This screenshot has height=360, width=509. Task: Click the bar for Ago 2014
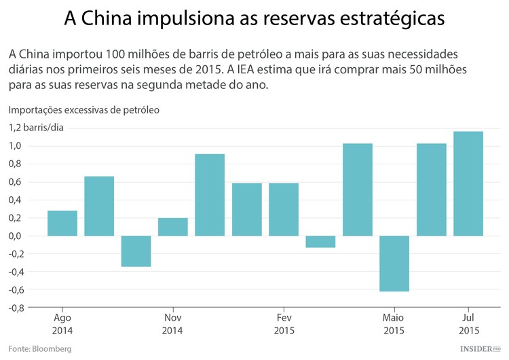click(62, 223)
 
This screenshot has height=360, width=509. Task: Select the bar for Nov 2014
click(173, 227)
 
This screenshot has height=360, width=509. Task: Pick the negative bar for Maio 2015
click(394, 264)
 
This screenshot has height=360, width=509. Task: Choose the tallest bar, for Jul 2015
click(468, 183)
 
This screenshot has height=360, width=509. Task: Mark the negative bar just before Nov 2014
click(136, 251)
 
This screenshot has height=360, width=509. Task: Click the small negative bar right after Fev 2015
click(320, 242)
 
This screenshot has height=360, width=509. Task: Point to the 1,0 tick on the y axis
click(14, 146)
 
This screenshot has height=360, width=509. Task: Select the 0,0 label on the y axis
click(14, 236)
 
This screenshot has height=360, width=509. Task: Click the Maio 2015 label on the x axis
click(394, 324)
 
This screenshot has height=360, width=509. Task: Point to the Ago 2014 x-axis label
click(62, 324)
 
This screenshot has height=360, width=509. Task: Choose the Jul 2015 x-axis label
click(468, 324)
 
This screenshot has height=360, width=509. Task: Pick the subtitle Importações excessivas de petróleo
click(83, 109)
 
